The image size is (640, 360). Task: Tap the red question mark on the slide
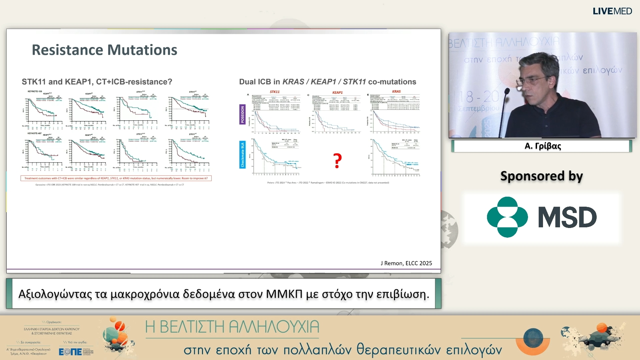click(x=337, y=161)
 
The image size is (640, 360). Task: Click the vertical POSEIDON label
click(x=242, y=114)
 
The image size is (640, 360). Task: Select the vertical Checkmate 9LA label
click(x=242, y=154)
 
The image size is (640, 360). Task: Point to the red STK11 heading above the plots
click(x=275, y=92)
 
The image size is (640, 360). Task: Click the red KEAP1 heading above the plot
click(x=337, y=92)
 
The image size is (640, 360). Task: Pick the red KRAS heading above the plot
click(x=396, y=91)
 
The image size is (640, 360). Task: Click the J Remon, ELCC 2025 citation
click(x=406, y=263)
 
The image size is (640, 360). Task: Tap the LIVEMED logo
click(x=612, y=11)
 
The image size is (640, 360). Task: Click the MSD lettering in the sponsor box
click(x=567, y=218)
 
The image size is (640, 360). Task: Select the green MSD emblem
click(x=507, y=217)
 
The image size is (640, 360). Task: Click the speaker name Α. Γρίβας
click(x=542, y=146)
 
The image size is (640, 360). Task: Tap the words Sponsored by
click(x=541, y=176)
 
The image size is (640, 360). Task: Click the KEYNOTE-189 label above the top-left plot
click(x=35, y=91)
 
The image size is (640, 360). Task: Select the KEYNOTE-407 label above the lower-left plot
click(x=35, y=133)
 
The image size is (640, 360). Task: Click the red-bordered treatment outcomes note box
click(x=116, y=178)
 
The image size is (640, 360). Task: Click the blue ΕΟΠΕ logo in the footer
click(x=70, y=352)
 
